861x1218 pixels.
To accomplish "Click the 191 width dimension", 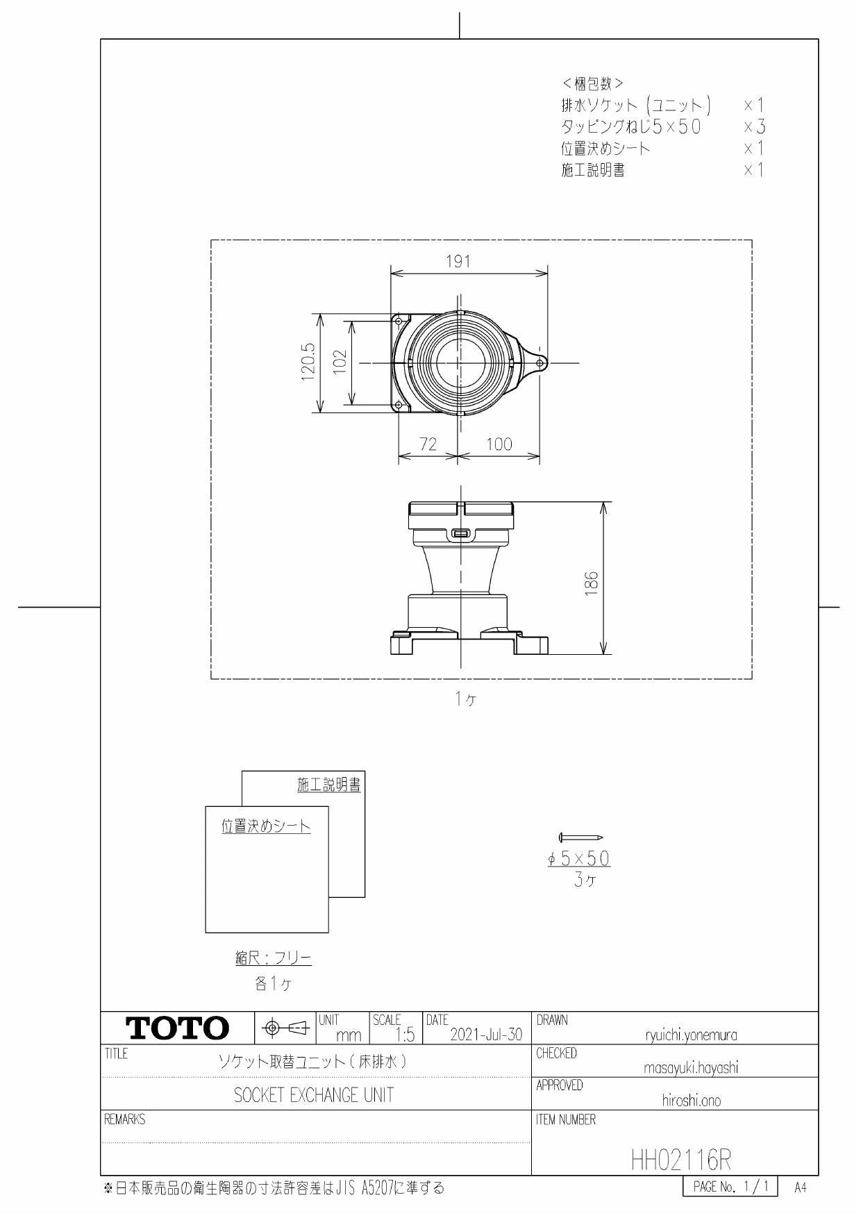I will [x=458, y=262].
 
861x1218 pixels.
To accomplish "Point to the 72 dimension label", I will [x=428, y=444].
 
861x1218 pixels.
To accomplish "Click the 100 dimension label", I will [x=499, y=444].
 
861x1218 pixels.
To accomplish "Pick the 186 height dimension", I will [x=591, y=578].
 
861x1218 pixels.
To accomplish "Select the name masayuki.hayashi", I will [x=691, y=1069].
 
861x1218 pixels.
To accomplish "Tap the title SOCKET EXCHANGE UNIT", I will [x=314, y=1095].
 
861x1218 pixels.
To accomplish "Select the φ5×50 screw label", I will [x=578, y=859].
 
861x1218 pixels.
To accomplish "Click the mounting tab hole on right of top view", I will [x=540, y=362].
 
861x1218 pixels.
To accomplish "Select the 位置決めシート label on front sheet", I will [x=266, y=826].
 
